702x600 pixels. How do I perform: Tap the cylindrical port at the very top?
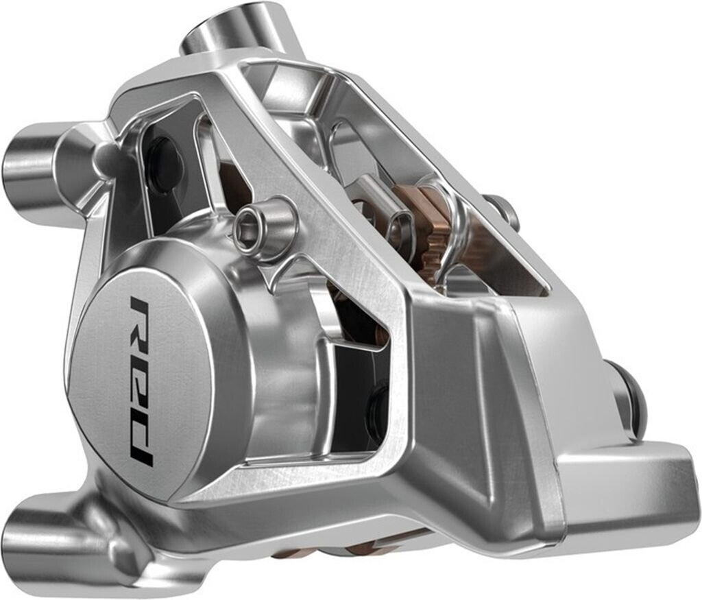[x=232, y=27]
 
